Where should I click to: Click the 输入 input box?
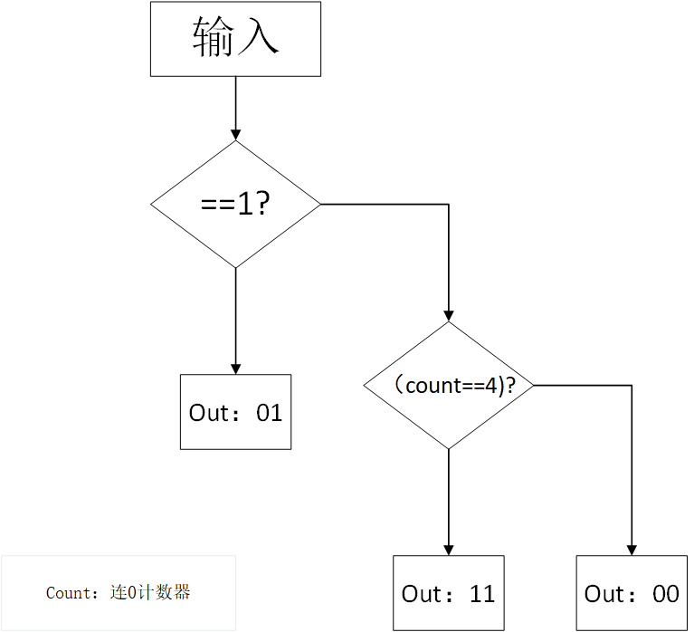(235, 39)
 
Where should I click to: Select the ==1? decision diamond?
(235, 205)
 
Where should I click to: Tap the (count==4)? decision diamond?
(448, 385)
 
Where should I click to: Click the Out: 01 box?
(235, 412)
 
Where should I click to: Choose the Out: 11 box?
(448, 593)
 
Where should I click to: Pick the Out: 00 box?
(632, 593)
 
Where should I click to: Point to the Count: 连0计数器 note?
(119, 593)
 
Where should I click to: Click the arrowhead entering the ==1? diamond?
(235, 134)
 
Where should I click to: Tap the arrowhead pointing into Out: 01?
(235, 369)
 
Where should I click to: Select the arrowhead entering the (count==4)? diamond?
(448, 315)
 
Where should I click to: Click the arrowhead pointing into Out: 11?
(448, 550)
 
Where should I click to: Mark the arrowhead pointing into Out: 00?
(632, 550)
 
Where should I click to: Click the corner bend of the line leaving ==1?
(448, 205)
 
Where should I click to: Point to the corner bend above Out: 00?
(632, 385)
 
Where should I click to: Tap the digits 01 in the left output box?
(270, 413)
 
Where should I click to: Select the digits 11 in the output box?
(482, 594)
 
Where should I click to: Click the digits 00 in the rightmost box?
(665, 594)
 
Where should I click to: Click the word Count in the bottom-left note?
(69, 594)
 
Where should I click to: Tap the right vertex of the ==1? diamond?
(320, 205)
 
